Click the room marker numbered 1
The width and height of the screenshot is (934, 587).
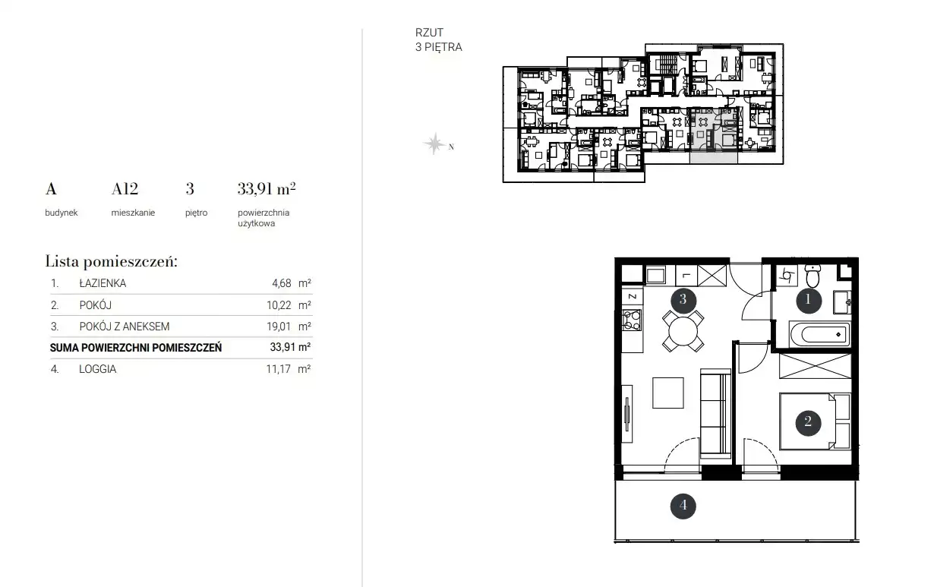[809, 300]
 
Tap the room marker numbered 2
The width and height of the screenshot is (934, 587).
[808, 422]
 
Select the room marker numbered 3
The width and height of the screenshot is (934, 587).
[683, 300]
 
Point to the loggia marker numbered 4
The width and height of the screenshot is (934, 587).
[683, 506]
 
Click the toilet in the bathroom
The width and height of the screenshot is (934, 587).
[813, 275]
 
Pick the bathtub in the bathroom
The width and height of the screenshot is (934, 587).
[820, 334]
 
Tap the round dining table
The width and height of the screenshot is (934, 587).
[683, 331]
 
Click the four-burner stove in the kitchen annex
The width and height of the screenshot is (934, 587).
[632, 320]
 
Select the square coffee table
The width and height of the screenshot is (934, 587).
[668, 393]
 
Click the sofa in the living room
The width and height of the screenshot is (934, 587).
[715, 414]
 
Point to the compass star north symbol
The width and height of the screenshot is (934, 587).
[434, 144]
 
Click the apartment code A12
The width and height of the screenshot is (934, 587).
[125, 189]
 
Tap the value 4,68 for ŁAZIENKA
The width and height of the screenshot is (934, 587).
[282, 283]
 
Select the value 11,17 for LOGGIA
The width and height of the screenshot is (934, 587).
[278, 369]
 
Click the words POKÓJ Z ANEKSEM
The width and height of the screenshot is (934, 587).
[125, 327]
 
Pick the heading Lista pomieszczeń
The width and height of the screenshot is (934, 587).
[112, 261]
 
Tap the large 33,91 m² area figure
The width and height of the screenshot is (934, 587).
[267, 189]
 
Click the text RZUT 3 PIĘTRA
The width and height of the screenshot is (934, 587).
[438, 39]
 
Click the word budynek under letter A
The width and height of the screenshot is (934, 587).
[62, 213]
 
